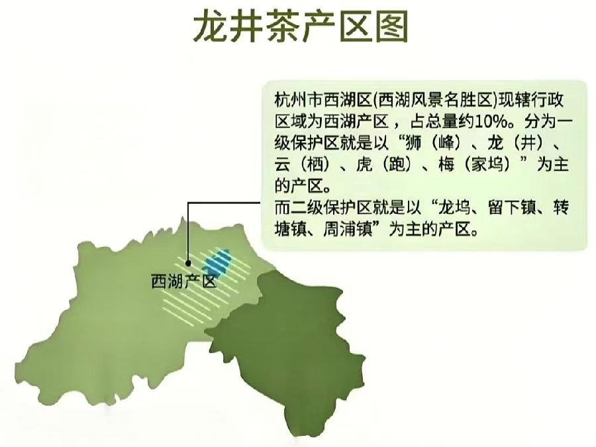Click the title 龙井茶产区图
tap(299, 28)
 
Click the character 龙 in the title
tap(211, 28)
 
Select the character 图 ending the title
tap(389, 28)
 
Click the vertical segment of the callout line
tap(189, 232)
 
